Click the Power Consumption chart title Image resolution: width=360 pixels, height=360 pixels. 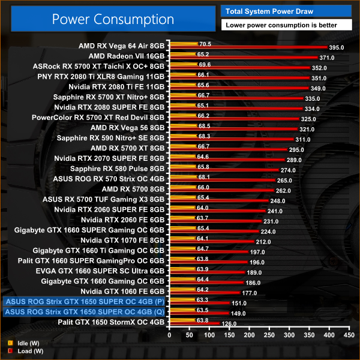coord(113,19)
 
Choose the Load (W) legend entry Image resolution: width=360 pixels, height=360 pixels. coord(24,351)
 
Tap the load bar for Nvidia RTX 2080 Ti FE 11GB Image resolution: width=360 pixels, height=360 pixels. coord(240,88)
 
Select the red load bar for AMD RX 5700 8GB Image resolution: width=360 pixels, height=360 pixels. coord(222,191)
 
